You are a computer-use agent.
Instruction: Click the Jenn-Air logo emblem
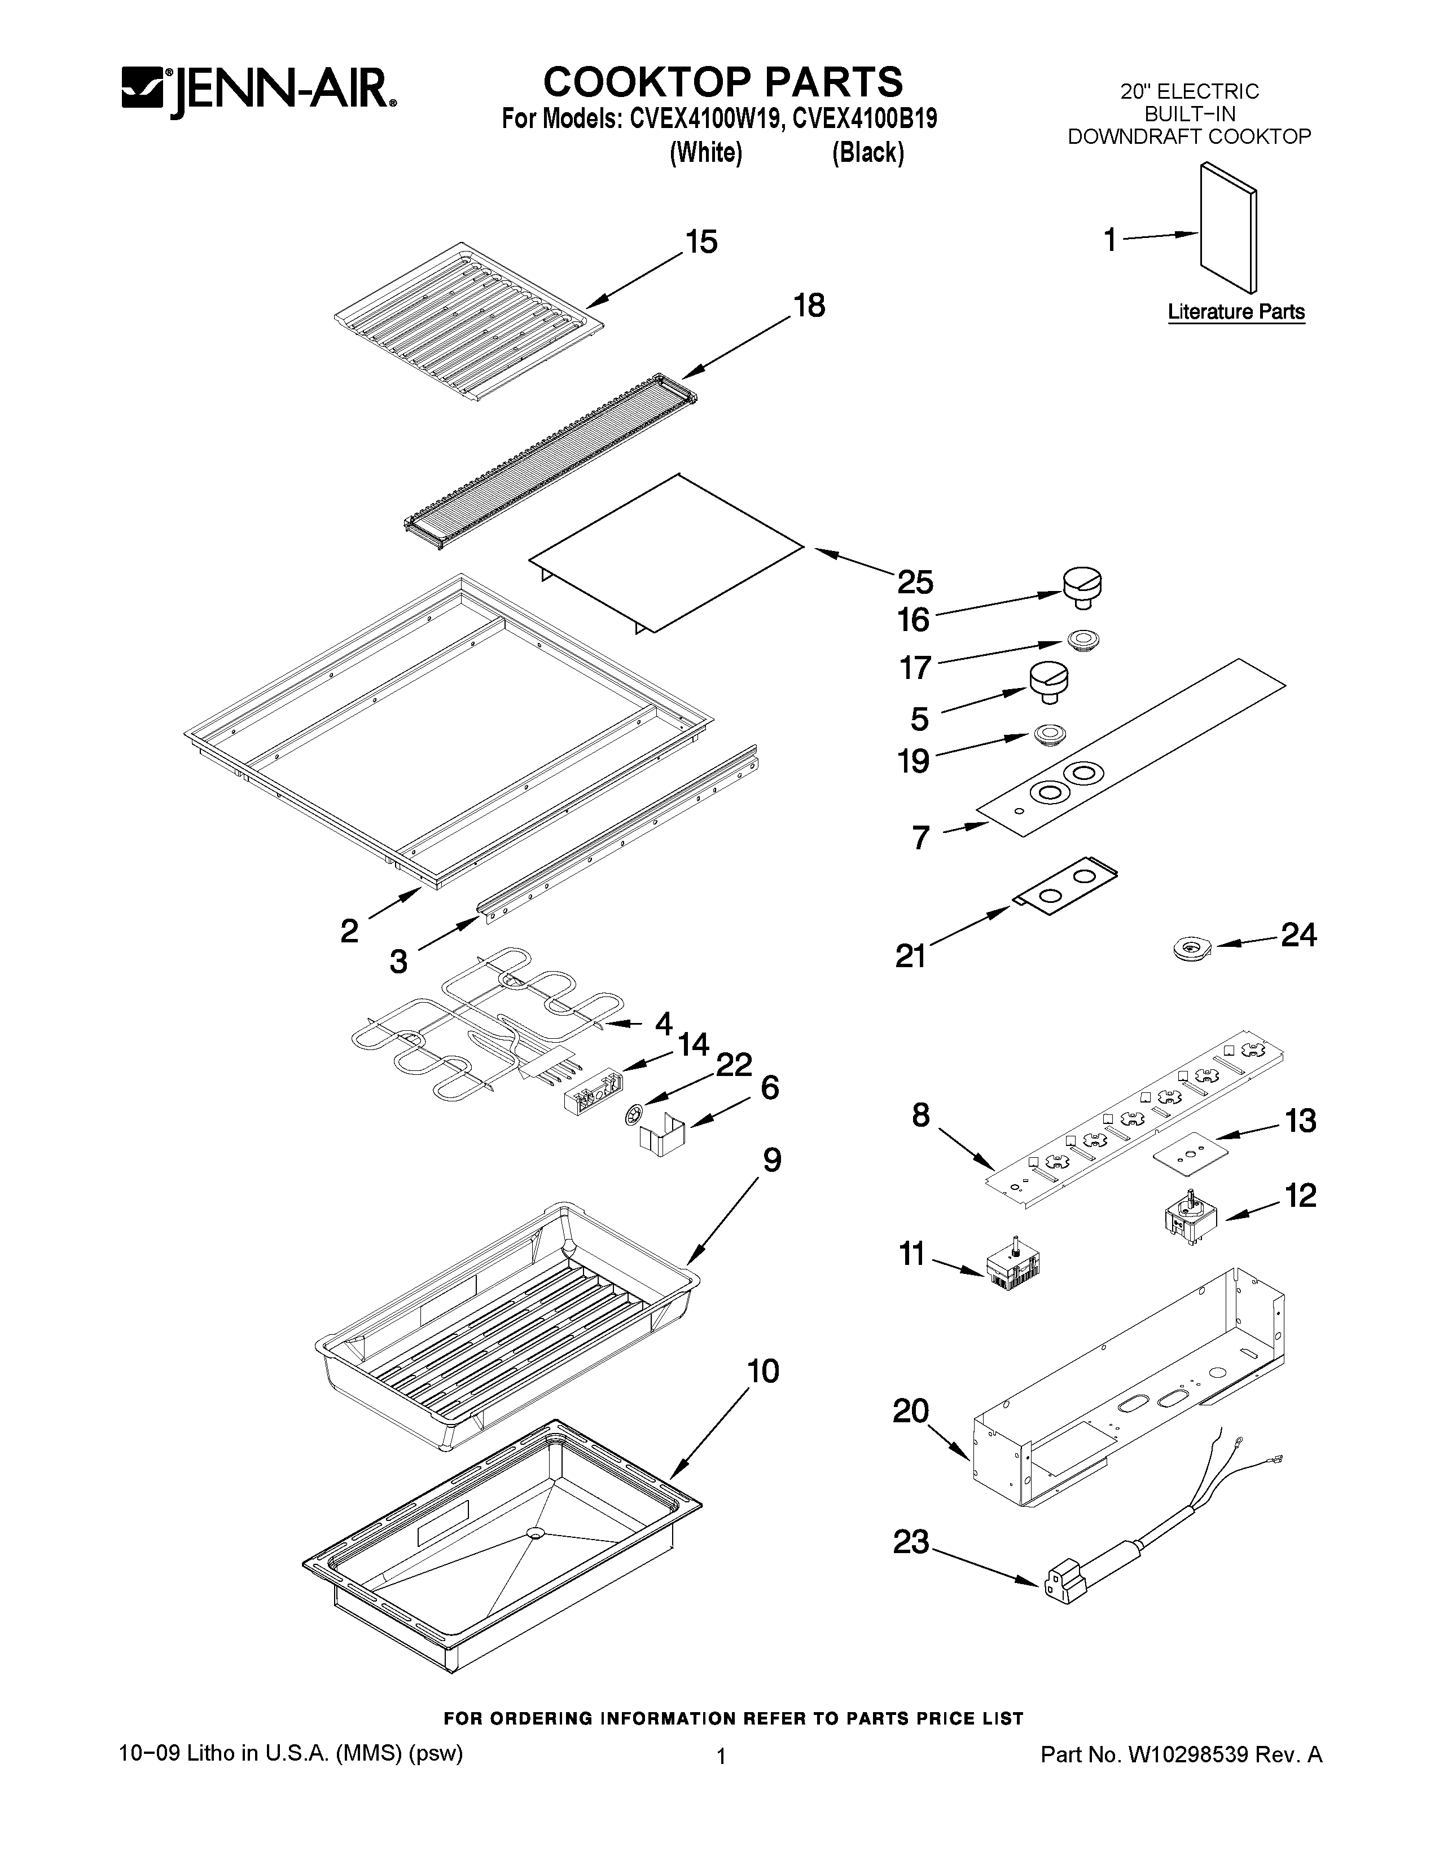click(x=142, y=93)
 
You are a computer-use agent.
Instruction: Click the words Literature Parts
click(x=1235, y=312)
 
